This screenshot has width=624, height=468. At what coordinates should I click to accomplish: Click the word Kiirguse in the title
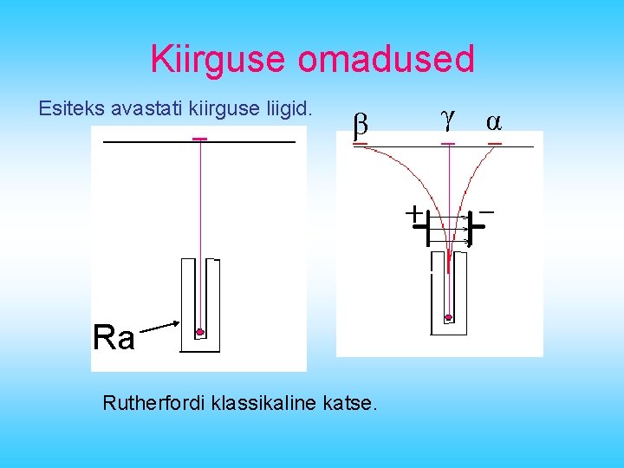219,60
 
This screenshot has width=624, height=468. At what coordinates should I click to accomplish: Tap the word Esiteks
71,110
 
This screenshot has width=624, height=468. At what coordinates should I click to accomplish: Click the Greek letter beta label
361,127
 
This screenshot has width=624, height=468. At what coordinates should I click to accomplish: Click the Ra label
114,337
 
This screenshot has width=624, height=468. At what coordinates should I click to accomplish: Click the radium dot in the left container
200,332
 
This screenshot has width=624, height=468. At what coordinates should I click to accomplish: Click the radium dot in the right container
448,318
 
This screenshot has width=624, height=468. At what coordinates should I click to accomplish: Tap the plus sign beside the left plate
415,211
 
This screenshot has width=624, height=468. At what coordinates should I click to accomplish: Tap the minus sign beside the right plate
486,211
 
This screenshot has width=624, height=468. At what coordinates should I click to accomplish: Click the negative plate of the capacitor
469,228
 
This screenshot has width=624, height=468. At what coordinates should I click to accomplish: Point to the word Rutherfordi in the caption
147,403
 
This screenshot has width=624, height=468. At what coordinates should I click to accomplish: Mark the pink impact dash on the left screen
200,139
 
